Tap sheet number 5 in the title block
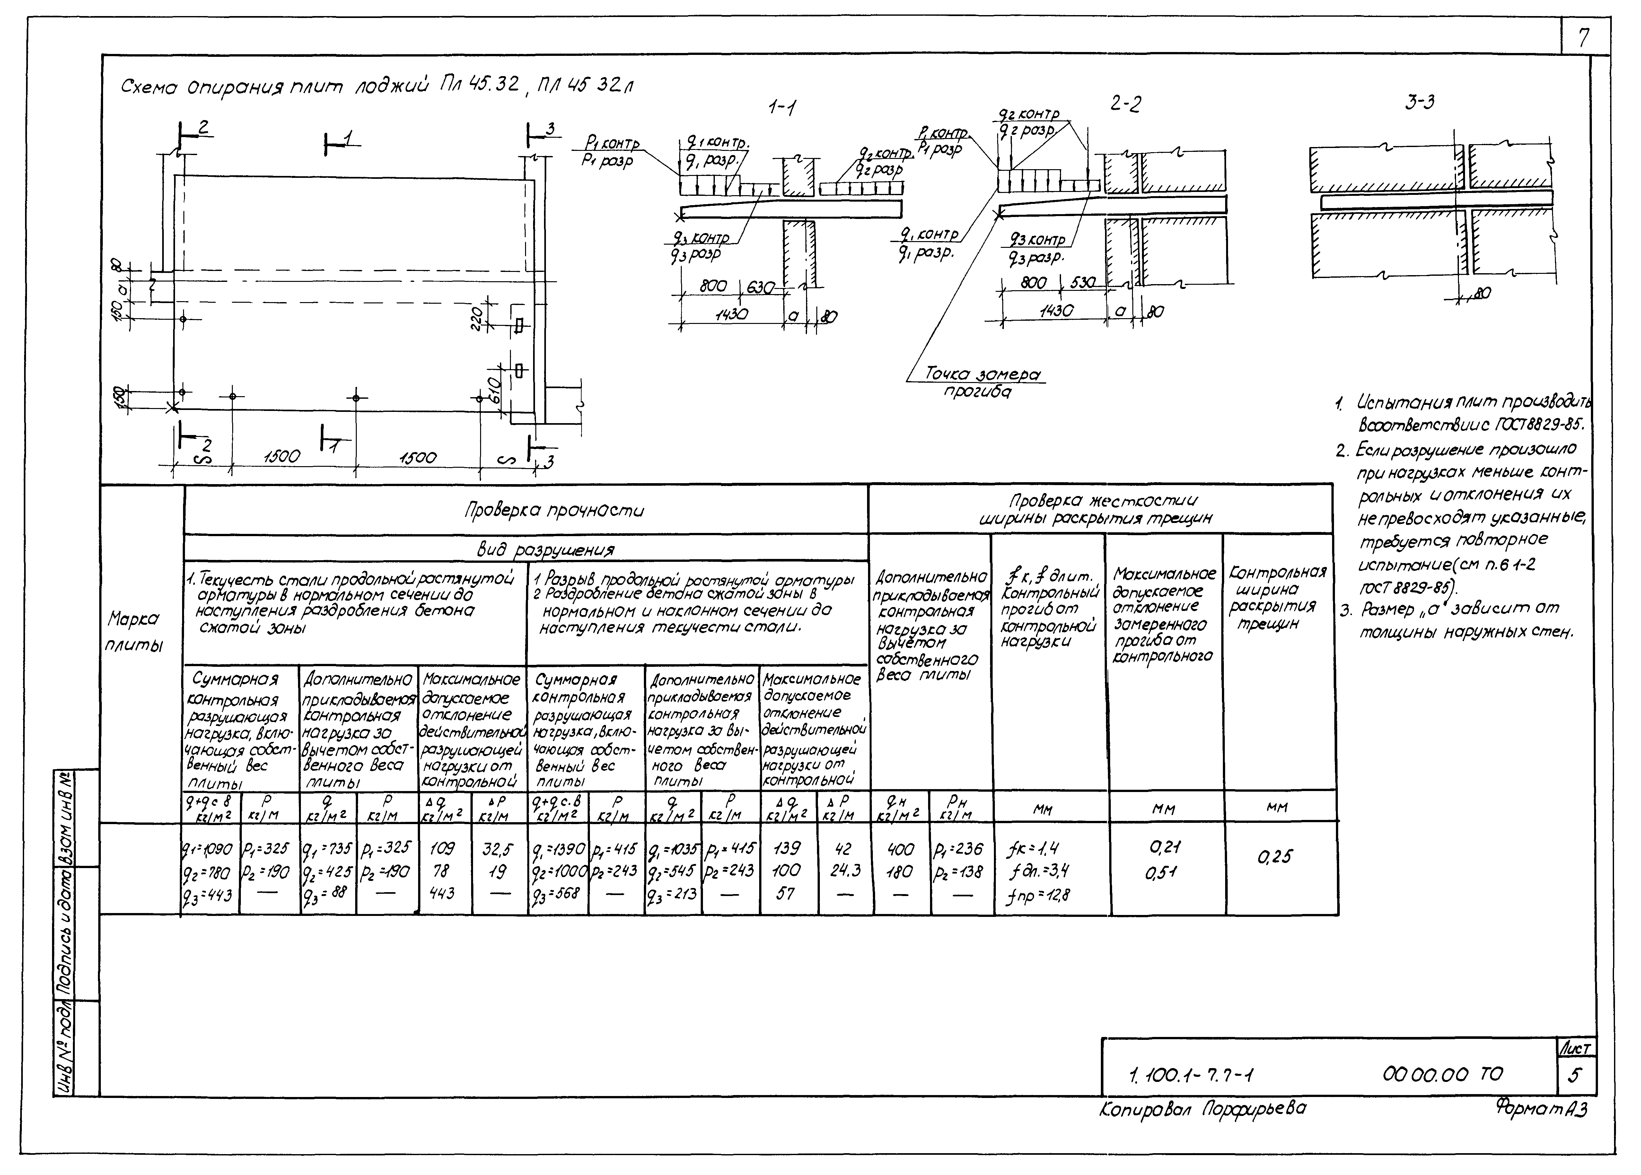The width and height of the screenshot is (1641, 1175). (1574, 1075)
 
